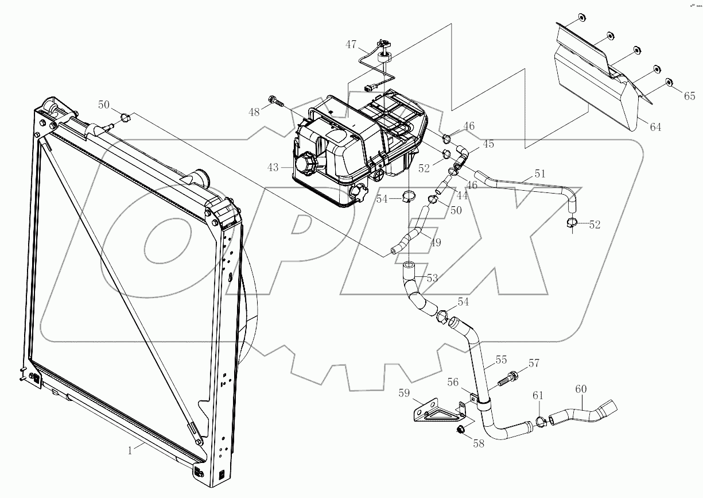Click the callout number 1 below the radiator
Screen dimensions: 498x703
click(130, 451)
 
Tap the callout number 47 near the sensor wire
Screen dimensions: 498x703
click(351, 44)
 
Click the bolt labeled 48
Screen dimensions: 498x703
click(277, 102)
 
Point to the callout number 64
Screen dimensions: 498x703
click(655, 127)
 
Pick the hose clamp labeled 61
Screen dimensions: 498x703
click(540, 422)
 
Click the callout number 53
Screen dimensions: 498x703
click(432, 279)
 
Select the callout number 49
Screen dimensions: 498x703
click(436, 243)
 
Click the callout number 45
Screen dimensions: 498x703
click(488, 144)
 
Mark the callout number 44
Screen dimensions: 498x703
click(461, 196)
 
